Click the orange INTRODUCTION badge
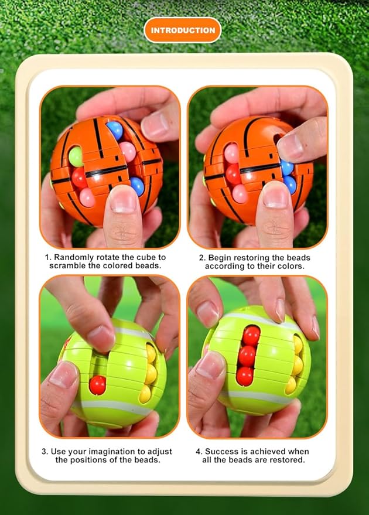(183, 30)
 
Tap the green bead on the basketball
(76, 156)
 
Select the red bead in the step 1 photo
(79, 178)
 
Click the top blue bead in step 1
(115, 130)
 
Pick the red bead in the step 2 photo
(233, 174)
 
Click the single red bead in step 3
(97, 385)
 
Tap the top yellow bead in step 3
(151, 353)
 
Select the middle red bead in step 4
(247, 356)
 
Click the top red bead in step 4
(251, 336)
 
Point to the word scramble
(68, 266)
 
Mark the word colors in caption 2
(289, 266)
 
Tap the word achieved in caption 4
(263, 452)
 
